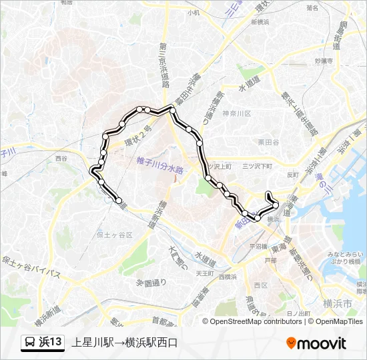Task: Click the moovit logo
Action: click(316, 343)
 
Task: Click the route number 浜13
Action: click(51, 343)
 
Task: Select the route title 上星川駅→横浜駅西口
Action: click(125, 343)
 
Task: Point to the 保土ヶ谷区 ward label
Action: click(114, 235)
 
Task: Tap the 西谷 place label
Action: click(61, 159)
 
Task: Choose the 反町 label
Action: click(293, 175)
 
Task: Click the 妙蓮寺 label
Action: click(323, 61)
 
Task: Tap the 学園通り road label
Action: click(151, 283)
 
